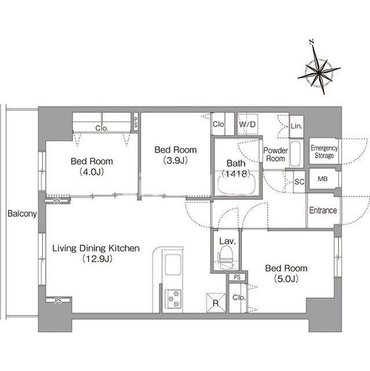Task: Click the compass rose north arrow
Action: (319, 68)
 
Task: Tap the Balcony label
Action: (22, 214)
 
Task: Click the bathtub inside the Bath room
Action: (237, 184)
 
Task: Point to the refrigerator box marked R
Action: (216, 303)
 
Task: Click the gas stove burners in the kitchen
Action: (173, 299)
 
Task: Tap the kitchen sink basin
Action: (173, 265)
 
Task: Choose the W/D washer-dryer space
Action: (247, 125)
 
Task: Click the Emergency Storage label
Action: (324, 152)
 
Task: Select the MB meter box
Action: (323, 179)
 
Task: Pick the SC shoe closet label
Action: (299, 181)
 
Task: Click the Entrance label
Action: (323, 210)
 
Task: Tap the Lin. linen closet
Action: (296, 126)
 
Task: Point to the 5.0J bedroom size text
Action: (286, 279)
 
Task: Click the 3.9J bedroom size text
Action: (175, 161)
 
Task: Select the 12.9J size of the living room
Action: (97, 259)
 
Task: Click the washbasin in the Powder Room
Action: (295, 154)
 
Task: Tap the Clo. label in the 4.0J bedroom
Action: (102, 128)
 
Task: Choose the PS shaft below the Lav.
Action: (237, 277)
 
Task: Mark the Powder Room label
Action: (276, 154)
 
